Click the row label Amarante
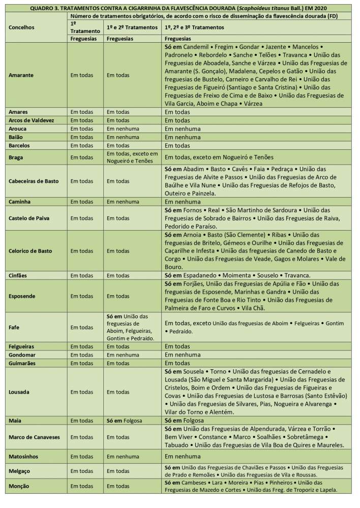click(21, 75)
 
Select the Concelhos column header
click(22, 27)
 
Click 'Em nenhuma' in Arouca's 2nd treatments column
click(123, 129)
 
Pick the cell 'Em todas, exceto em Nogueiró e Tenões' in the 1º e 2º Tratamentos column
click(132, 157)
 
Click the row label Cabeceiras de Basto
click(34, 181)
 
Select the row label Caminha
click(20, 202)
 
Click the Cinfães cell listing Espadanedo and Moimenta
click(239, 275)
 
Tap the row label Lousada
click(19, 392)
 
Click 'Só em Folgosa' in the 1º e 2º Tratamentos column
click(124, 421)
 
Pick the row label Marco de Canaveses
click(34, 437)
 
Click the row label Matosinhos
click(23, 457)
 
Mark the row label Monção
click(19, 486)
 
